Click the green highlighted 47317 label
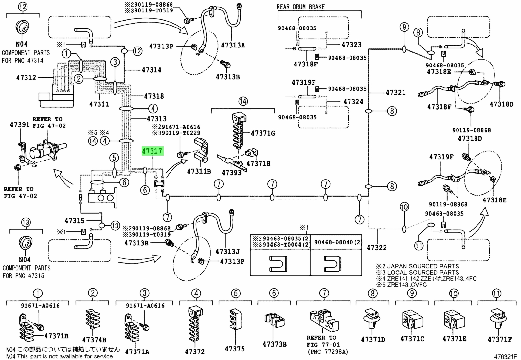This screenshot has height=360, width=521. [153, 151]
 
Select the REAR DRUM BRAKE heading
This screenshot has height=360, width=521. [300, 7]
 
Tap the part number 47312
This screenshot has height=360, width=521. [26, 78]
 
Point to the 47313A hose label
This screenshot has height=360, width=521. [233, 45]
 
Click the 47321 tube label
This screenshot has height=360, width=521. [396, 93]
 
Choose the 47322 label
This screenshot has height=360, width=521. [377, 247]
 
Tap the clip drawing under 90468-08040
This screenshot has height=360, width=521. [332, 264]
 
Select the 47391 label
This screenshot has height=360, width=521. [20, 125]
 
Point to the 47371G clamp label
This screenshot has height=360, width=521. [263, 133]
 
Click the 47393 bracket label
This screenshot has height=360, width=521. [231, 173]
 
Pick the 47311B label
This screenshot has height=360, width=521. [199, 171]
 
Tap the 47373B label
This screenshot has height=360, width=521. [275, 344]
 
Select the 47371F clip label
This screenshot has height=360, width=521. [500, 339]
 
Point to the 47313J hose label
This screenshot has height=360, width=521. [227, 252]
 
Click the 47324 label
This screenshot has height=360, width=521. [353, 102]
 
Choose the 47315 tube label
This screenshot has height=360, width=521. [74, 220]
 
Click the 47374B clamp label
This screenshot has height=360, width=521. [94, 340]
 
